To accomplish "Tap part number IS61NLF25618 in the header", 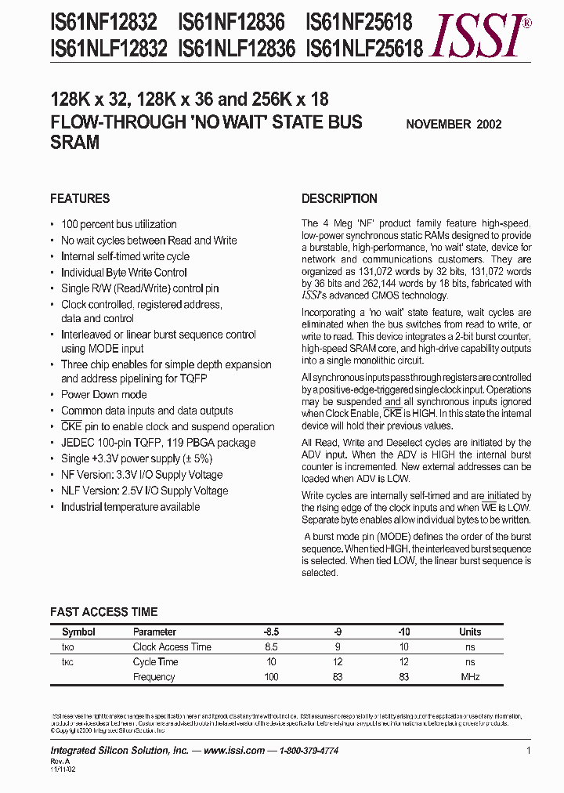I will coord(363,49).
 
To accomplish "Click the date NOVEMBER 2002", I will coord(454,124).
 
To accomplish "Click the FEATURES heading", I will coord(80,198).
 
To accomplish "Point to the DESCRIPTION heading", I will coord(339,198).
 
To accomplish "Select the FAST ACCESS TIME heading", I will coord(103,611).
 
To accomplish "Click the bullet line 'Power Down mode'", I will coord(103,394).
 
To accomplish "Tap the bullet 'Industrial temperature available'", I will coord(130,507).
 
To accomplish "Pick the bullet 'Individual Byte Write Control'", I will coord(124,273).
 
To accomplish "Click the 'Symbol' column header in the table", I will coord(78,632).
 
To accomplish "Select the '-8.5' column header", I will coord(271,632).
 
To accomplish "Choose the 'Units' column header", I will coord(470,632).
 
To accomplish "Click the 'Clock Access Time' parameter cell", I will coord(172,647).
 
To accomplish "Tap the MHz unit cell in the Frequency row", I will coord(470,677).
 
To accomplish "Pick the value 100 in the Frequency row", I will coord(271,677).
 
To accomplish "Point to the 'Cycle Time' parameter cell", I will coord(155,662).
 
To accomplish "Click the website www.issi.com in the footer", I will coord(233,751).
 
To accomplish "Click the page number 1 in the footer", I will coord(529,751).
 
